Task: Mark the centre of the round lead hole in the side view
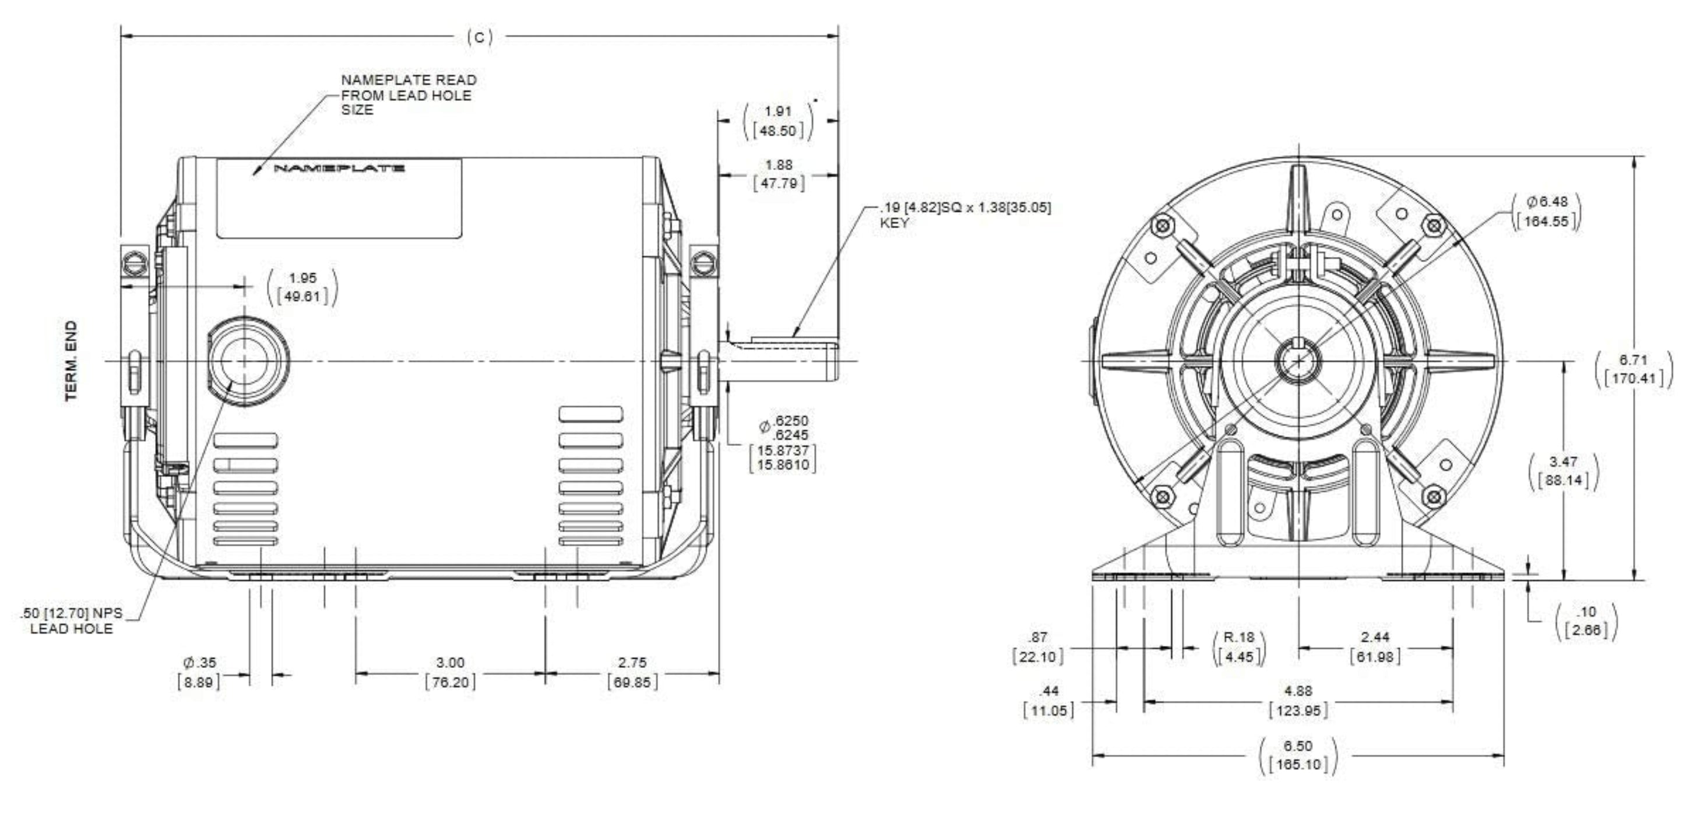(x=245, y=361)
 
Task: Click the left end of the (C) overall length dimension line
(x=121, y=37)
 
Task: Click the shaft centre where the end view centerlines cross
(x=1297, y=361)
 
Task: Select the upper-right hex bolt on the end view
(x=1433, y=227)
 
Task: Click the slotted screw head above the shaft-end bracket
(x=704, y=264)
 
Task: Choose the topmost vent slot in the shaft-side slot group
(x=590, y=414)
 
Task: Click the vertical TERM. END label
(x=72, y=361)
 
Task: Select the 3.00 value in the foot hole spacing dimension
(x=450, y=662)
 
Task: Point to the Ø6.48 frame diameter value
(x=1548, y=202)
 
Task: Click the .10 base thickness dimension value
(x=1587, y=611)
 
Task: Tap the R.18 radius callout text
(x=1238, y=637)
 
